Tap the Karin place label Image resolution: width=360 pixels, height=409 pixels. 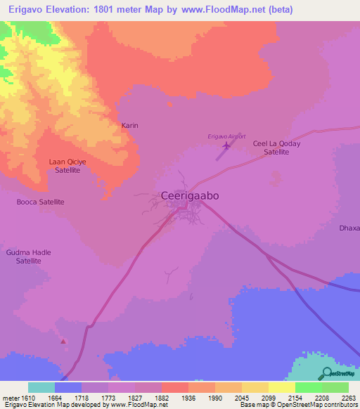130,125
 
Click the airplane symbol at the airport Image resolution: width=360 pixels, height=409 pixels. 226,146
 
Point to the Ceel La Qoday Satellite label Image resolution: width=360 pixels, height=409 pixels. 276,148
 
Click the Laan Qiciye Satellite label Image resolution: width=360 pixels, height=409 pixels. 68,166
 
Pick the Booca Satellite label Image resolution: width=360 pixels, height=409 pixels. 40,202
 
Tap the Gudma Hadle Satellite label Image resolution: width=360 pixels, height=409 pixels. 29,257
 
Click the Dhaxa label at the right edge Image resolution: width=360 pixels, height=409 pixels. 349,228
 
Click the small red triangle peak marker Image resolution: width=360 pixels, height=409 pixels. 64,342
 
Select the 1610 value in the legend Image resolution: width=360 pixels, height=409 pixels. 28,397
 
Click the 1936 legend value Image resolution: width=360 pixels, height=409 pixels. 188,397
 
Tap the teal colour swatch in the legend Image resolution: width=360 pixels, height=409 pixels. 41,387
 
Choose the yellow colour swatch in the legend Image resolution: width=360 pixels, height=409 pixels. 281,387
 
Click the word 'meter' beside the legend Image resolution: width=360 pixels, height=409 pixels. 11,397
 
